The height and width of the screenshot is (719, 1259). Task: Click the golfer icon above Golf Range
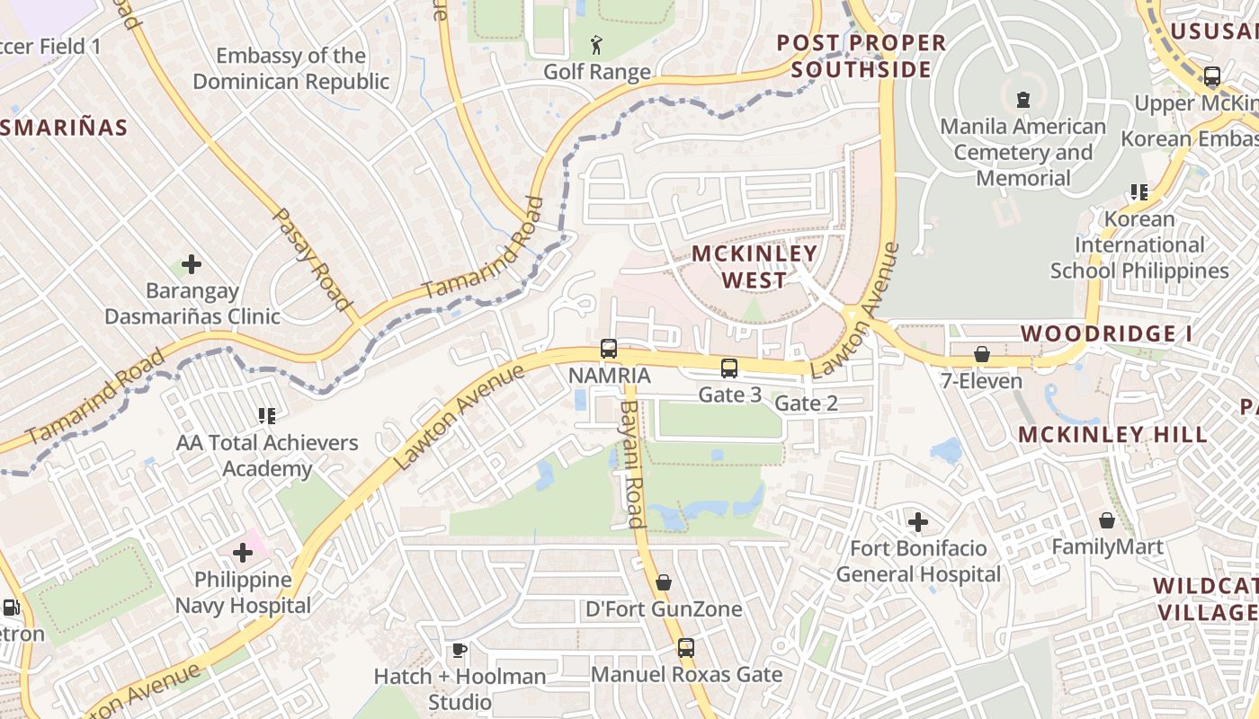click(x=596, y=44)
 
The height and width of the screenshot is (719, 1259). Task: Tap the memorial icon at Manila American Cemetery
click(x=1022, y=99)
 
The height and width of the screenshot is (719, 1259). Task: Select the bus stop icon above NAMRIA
click(x=609, y=349)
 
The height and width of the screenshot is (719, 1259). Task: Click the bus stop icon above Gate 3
click(x=729, y=368)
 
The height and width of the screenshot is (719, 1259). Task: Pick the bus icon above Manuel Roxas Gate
click(x=686, y=647)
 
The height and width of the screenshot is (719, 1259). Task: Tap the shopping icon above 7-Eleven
click(x=982, y=354)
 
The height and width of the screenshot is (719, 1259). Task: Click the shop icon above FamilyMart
click(x=1107, y=520)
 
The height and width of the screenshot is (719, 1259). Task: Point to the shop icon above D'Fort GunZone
click(x=664, y=582)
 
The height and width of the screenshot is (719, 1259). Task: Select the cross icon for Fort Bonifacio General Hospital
click(x=917, y=521)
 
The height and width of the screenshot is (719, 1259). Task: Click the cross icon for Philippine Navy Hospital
click(x=243, y=553)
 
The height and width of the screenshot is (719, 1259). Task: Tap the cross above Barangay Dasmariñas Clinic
click(x=192, y=264)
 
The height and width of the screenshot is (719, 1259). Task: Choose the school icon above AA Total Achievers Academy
click(x=266, y=415)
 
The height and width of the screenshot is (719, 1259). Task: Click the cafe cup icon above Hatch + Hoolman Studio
click(x=460, y=650)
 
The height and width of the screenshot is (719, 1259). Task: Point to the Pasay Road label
click(x=311, y=260)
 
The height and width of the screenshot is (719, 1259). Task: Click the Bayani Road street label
click(x=630, y=464)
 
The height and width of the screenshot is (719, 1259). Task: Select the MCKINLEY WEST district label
click(x=755, y=267)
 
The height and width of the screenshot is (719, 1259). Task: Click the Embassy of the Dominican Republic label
click(x=291, y=68)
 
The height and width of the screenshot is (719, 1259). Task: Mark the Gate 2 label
click(x=806, y=404)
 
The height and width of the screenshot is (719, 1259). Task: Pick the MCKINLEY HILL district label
click(x=1112, y=435)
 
